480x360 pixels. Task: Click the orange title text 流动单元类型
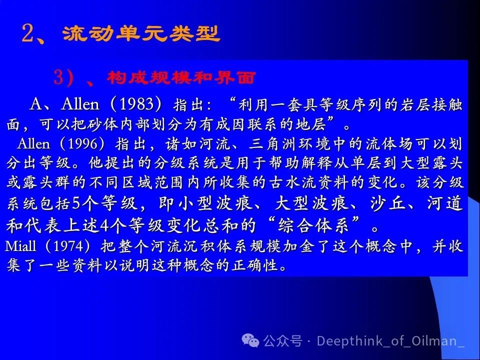(141, 33)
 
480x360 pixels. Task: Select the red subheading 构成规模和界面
(181, 77)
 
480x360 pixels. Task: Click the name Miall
(20, 246)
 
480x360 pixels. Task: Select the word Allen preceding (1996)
(33, 143)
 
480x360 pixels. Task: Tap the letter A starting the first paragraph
(36, 104)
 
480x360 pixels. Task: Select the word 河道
(445, 203)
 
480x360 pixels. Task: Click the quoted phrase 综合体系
(313, 225)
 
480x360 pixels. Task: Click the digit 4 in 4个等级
(104, 225)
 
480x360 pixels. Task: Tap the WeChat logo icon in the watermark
(250, 340)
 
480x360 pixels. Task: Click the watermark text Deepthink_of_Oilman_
(391, 341)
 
